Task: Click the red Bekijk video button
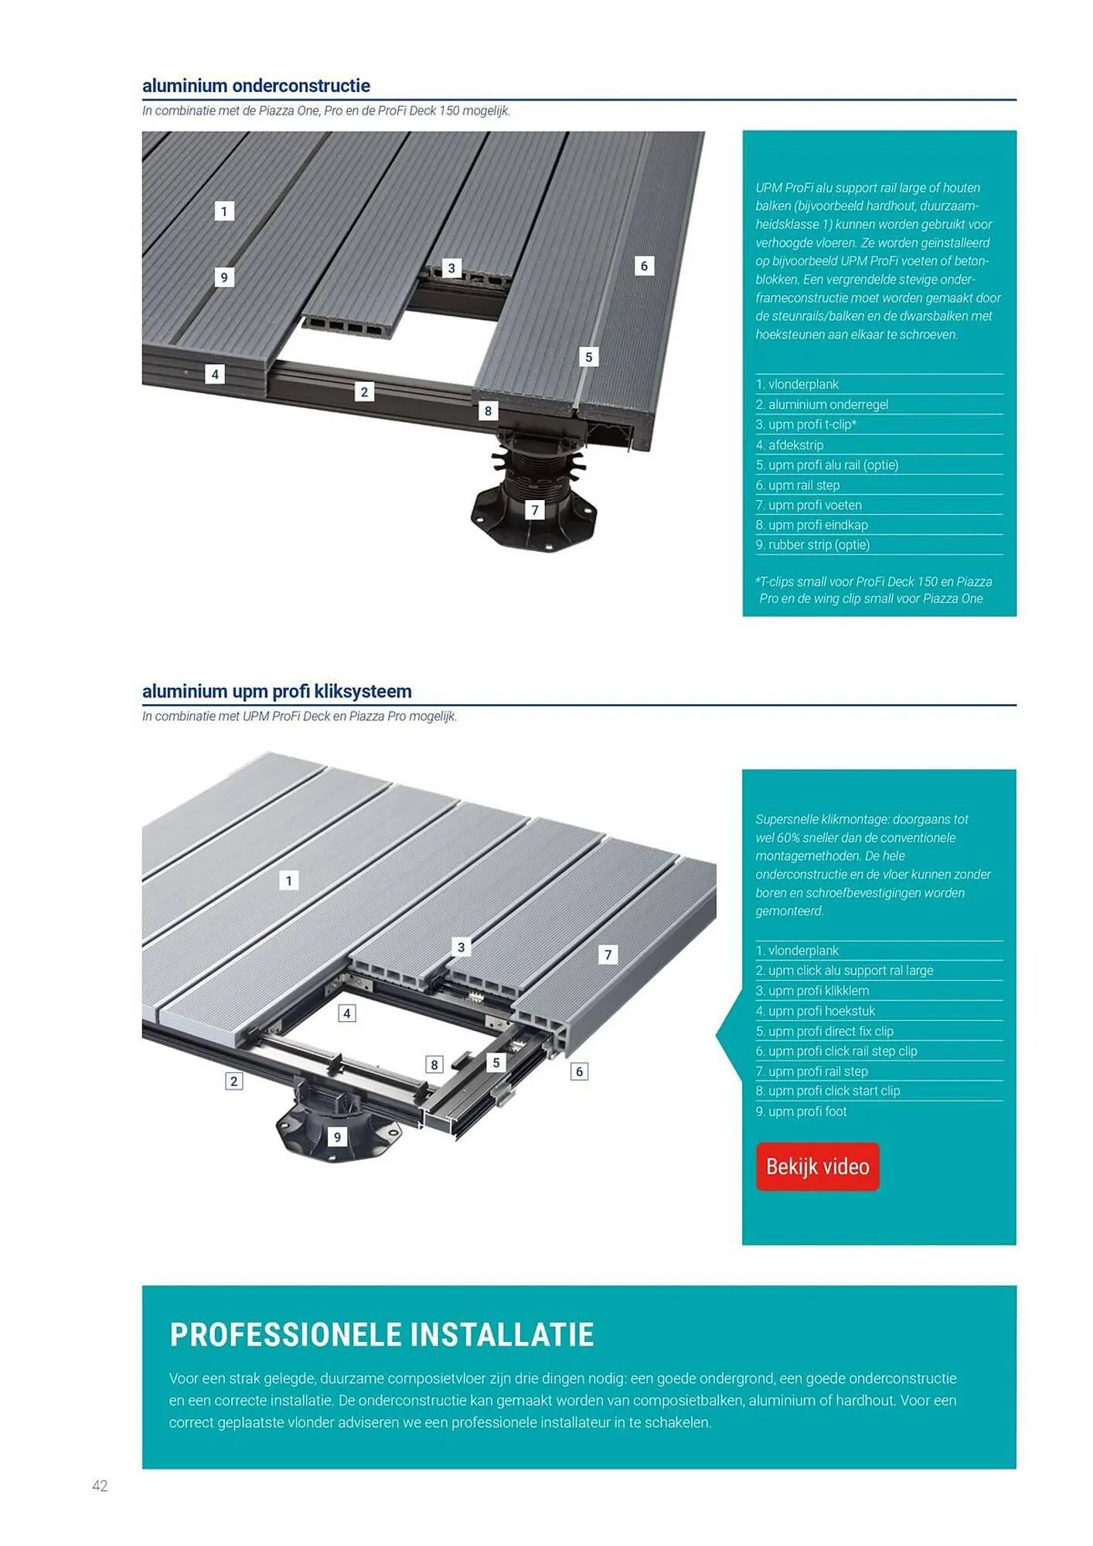click(817, 1166)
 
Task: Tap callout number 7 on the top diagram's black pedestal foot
click(534, 510)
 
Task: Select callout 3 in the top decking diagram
click(451, 268)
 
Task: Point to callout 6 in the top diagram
click(644, 266)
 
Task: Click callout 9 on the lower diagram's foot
click(337, 1137)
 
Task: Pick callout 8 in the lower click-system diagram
click(434, 1064)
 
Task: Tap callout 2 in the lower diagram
click(233, 1081)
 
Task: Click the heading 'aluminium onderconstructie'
click(256, 86)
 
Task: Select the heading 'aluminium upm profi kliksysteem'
click(277, 691)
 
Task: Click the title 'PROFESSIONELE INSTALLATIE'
click(382, 1335)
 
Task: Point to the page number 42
click(100, 1486)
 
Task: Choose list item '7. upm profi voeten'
click(809, 505)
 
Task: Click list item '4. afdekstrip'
click(789, 445)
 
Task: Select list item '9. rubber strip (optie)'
click(812, 545)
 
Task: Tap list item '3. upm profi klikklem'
click(812, 991)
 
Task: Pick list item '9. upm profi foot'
click(801, 1112)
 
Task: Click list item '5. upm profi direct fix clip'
click(824, 1031)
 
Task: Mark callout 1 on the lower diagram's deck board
click(289, 880)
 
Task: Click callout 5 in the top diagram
click(588, 357)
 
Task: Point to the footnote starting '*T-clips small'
click(873, 590)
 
